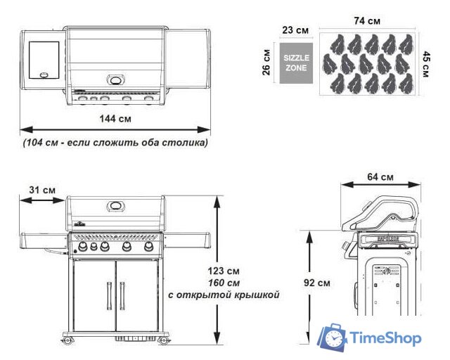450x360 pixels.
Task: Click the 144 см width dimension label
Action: coord(115,119)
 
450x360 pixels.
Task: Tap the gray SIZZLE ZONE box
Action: coord(296,63)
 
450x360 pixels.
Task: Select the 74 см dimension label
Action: coord(367,21)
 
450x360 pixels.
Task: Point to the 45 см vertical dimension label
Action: coord(426,64)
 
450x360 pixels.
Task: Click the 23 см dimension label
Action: coord(295,30)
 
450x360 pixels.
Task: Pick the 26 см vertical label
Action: coord(266,63)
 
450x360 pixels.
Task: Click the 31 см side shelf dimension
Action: coord(42,190)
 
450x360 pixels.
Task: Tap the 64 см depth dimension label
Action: coord(380,177)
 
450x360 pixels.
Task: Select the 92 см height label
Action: coord(317,283)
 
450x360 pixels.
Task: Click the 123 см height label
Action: coord(224,271)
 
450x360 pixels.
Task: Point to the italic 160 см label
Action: coord(224,283)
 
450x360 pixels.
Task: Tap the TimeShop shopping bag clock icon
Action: coord(333,337)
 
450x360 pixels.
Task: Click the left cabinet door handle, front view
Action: coord(109,296)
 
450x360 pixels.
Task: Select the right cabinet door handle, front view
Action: coord(122,296)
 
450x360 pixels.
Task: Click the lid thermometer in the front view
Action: coord(116,206)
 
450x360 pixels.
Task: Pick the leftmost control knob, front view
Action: coord(83,246)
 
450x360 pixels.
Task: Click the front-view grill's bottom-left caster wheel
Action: coord(67,340)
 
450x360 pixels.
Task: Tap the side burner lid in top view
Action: coord(44,60)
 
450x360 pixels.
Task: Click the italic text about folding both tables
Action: coord(115,143)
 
